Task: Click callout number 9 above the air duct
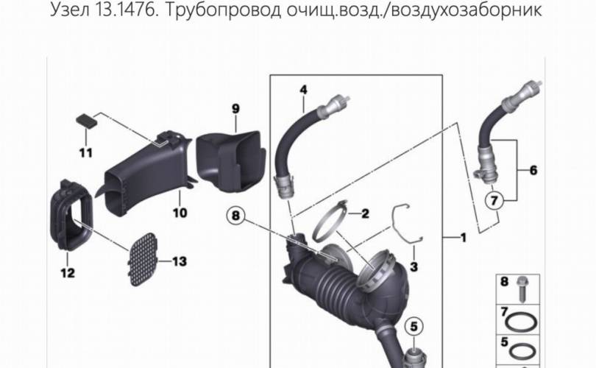point(235,109)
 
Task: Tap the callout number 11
point(86,153)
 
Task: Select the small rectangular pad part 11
point(87,120)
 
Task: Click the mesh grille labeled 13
point(143,260)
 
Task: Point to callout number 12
point(68,272)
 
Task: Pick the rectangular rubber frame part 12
point(71,216)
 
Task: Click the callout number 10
point(180,213)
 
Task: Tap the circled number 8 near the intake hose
point(235,216)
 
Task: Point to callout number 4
point(303,90)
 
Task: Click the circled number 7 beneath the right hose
point(494,200)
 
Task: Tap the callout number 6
point(533,170)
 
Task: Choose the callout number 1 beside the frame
point(463,238)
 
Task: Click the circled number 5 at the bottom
point(414,326)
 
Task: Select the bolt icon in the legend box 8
point(522,289)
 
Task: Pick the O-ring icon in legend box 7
point(522,322)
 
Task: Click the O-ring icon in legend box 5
point(522,351)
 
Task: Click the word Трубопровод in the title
point(224,10)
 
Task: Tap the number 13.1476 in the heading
point(127,9)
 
